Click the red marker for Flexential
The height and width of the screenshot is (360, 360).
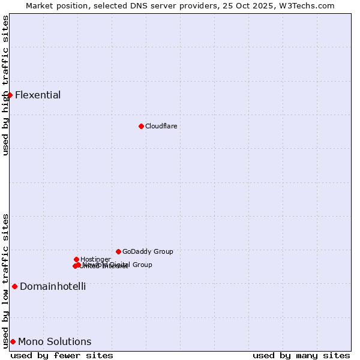coord(10,95)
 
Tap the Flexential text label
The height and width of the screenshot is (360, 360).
coord(38,95)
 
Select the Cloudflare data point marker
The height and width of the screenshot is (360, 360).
coord(141,126)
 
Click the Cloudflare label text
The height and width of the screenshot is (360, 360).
coord(161,126)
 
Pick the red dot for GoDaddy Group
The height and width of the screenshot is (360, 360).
coord(118,251)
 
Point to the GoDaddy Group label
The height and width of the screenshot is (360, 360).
coord(148,251)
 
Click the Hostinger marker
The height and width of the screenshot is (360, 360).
coord(76,259)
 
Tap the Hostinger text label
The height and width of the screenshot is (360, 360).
coord(95,259)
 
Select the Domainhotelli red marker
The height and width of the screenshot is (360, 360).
coord(14,286)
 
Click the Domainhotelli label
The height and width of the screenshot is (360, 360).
coord(53,286)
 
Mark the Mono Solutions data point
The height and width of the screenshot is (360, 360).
coord(13,341)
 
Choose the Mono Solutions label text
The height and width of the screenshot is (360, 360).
coord(55,341)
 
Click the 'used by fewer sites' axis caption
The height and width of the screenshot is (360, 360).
coord(62,355)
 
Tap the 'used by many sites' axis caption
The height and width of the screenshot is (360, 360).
coord(301,355)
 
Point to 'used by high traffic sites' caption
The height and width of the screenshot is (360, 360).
coord(5,85)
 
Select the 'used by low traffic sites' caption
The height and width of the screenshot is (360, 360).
coord(5,281)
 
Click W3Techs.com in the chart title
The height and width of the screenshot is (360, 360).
coord(308,5)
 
